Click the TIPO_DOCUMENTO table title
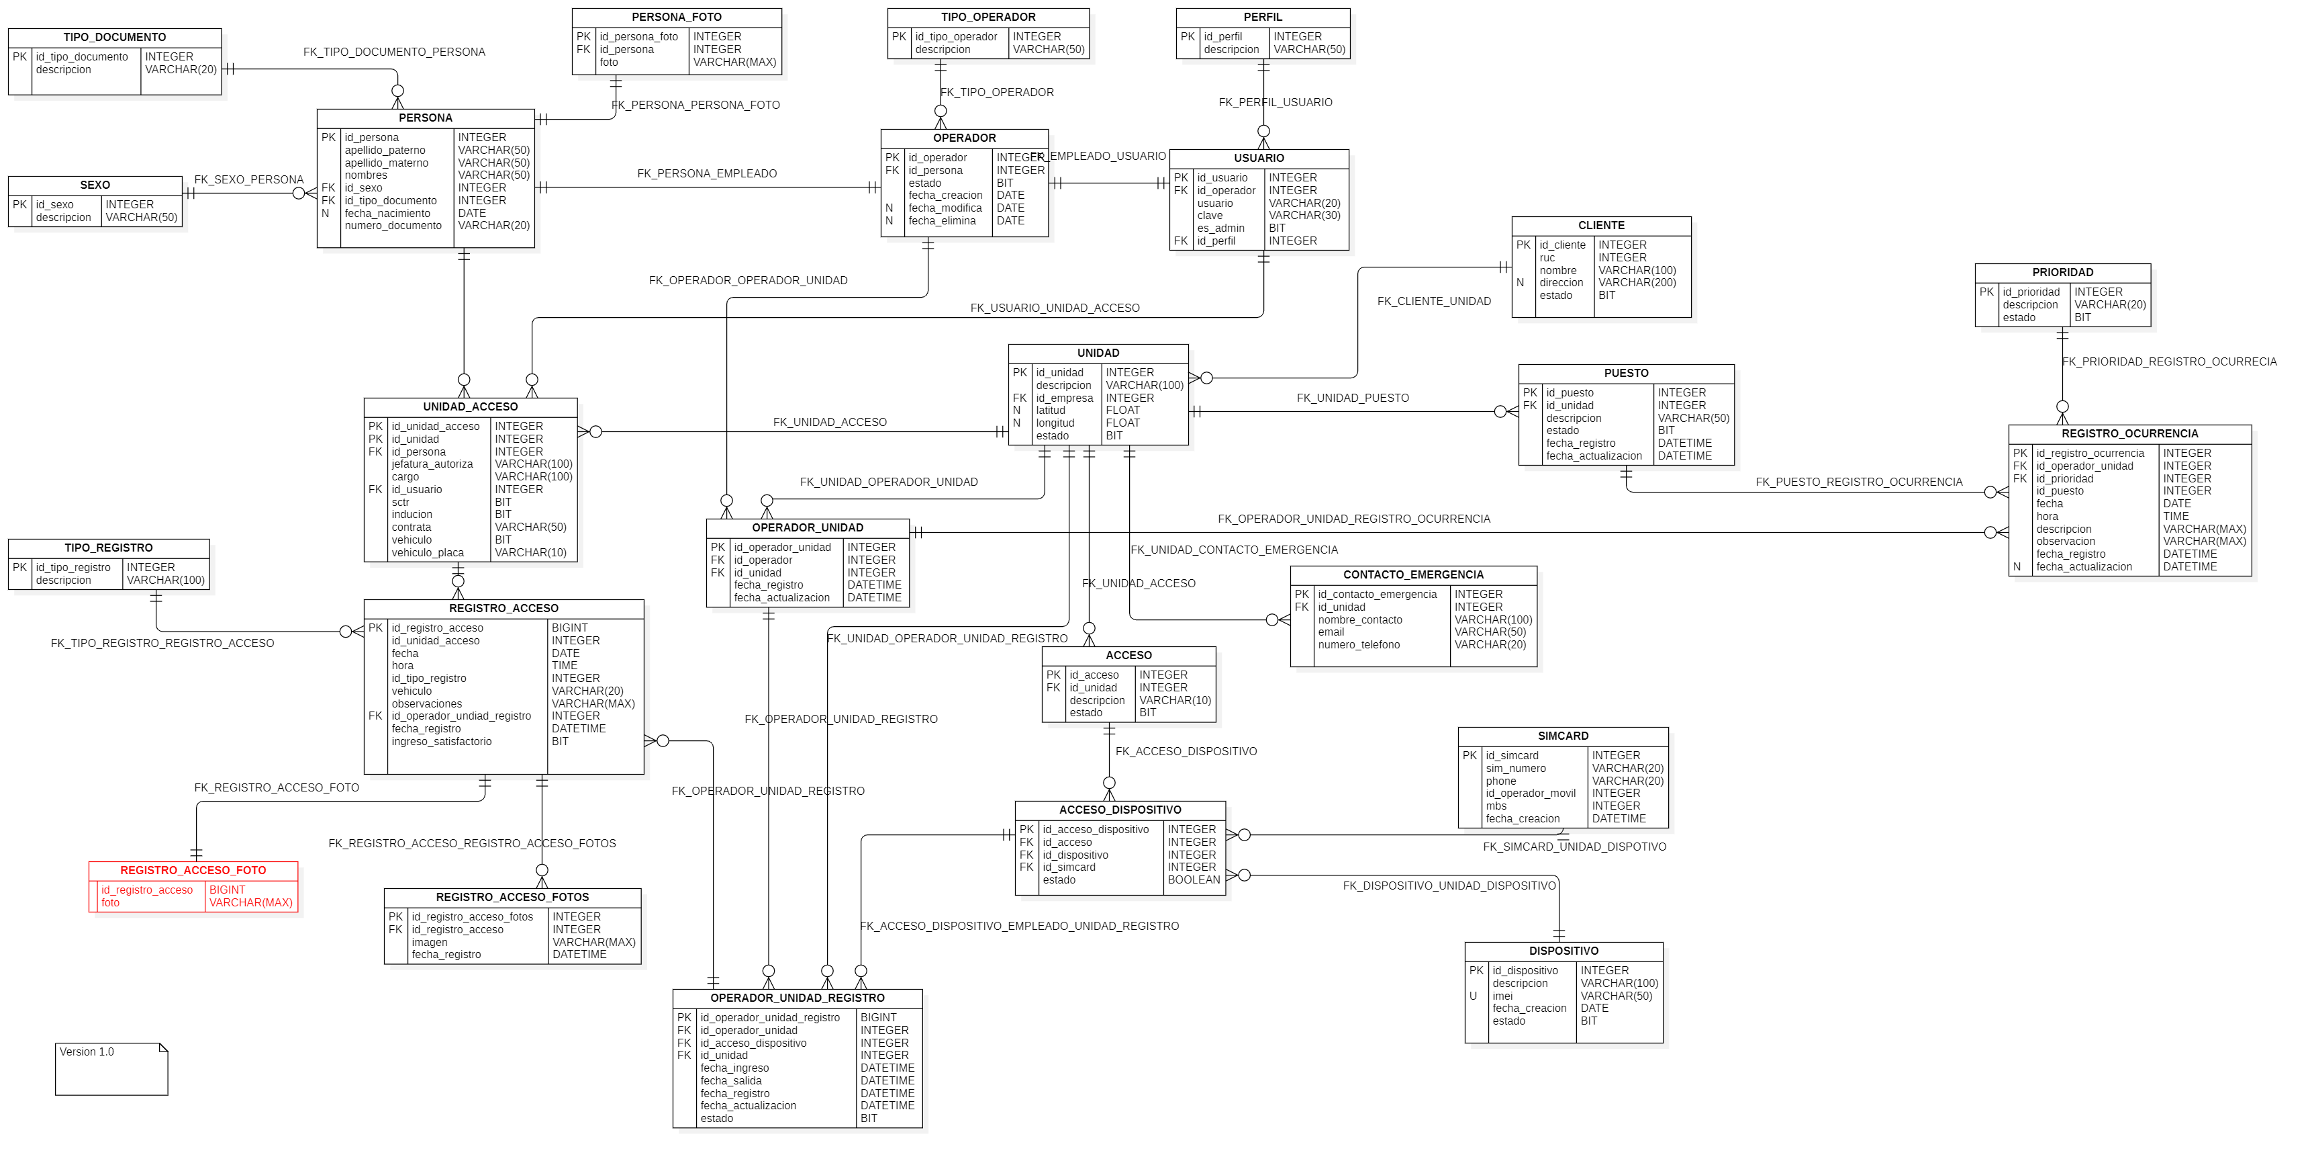114,37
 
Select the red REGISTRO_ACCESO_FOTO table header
193,869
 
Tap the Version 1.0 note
87,1051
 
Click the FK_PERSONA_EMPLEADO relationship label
707,173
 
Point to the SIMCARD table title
1562,736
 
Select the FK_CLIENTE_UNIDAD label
1433,302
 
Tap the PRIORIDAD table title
2062,272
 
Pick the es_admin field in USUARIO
1220,228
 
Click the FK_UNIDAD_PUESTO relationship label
1352,398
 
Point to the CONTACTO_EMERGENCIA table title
1412,574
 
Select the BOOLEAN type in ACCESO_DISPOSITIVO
1193,879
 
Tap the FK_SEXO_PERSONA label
248,179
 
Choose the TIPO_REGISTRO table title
109,548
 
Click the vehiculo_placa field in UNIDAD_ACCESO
427,553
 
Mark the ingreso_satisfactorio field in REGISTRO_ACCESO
441,741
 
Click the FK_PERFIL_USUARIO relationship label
1274,102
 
